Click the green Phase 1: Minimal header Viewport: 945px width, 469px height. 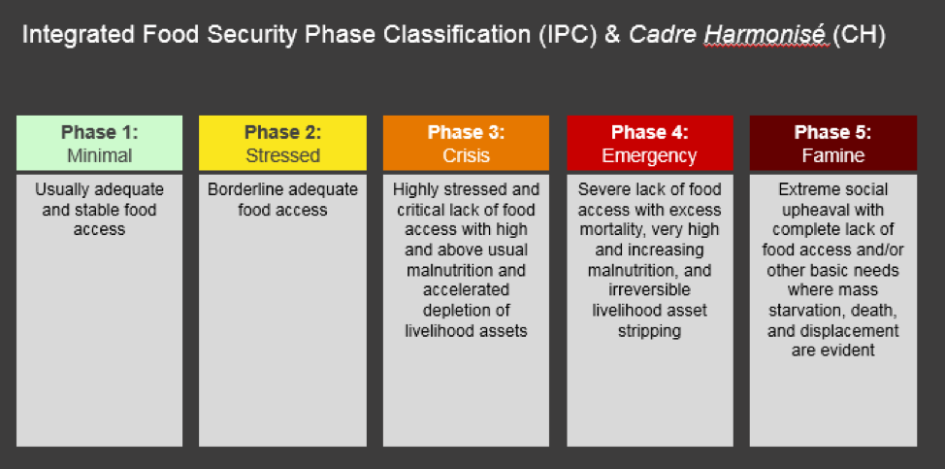coord(99,143)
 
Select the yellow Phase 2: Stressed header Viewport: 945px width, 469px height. coord(282,143)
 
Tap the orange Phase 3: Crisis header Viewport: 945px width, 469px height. coord(466,143)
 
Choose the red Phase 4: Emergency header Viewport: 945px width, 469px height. coord(650,143)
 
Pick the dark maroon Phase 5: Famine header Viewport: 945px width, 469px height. coord(832,143)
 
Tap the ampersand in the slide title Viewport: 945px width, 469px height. coord(611,36)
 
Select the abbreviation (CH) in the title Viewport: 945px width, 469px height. coord(860,36)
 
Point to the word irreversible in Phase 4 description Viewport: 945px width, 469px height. coord(649,290)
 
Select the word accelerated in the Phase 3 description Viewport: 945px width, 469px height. coord(466,290)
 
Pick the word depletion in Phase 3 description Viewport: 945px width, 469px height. coord(458,311)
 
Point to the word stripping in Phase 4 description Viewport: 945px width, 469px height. coord(649,331)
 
